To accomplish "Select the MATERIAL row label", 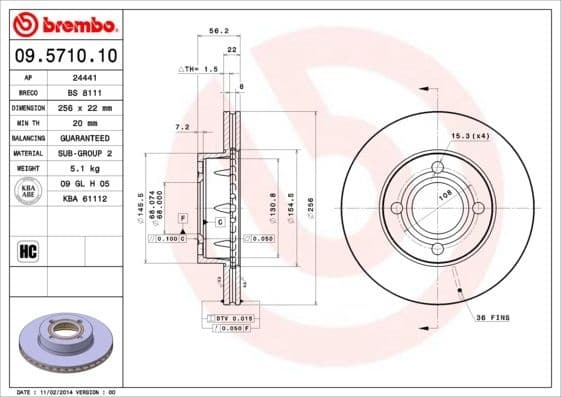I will click(x=28, y=153).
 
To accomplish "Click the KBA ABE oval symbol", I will click(x=28, y=190).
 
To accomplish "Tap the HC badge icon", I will click(x=28, y=249).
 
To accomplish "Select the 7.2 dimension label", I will click(x=182, y=127).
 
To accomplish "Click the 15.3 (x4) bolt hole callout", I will click(x=497, y=135).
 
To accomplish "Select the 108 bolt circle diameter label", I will click(x=443, y=197).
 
